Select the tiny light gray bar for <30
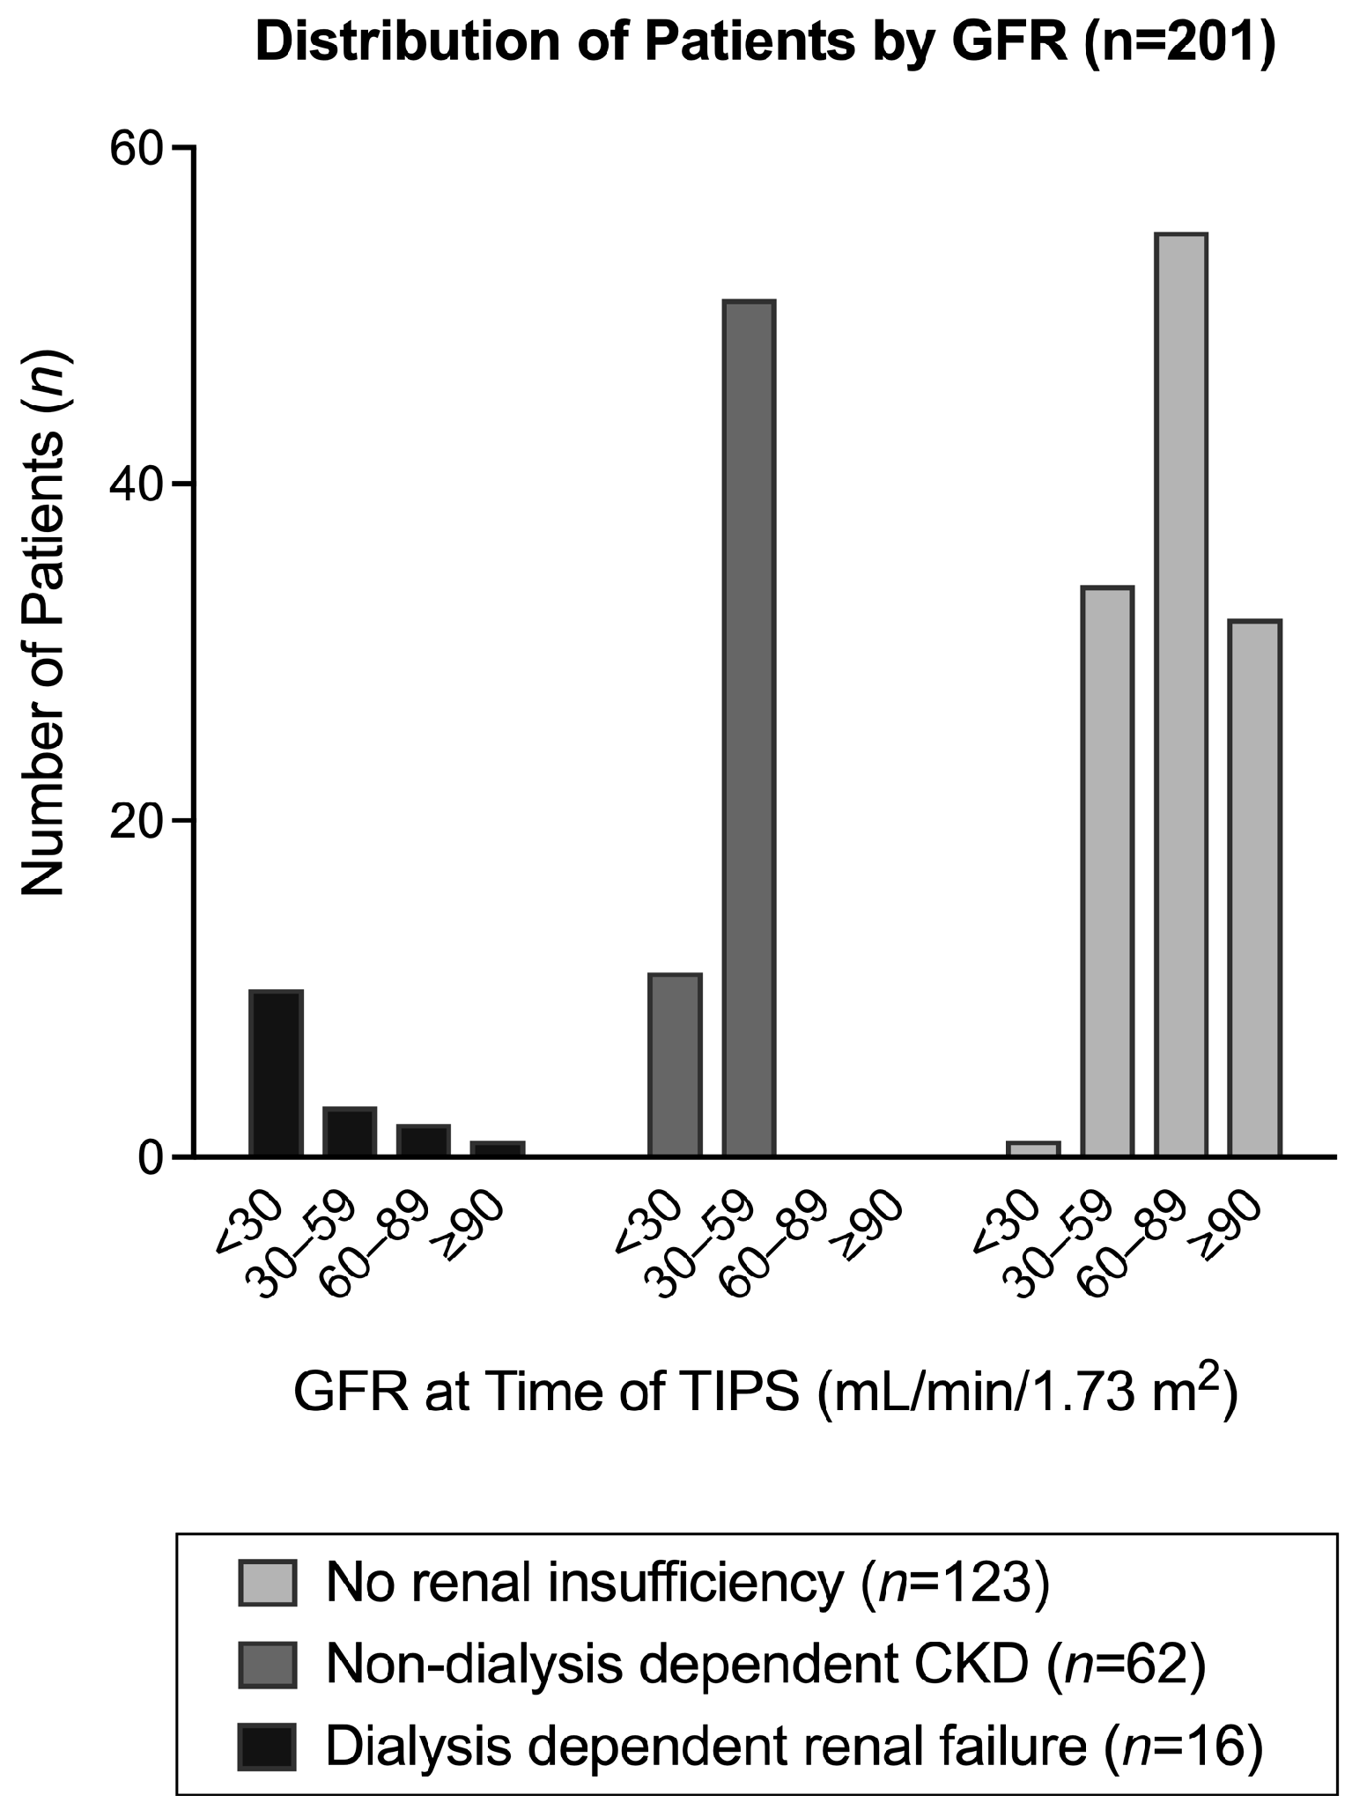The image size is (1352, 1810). [x=1033, y=1149]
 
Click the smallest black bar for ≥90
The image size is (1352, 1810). [x=498, y=1149]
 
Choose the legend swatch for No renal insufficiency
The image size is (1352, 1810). [x=267, y=1583]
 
